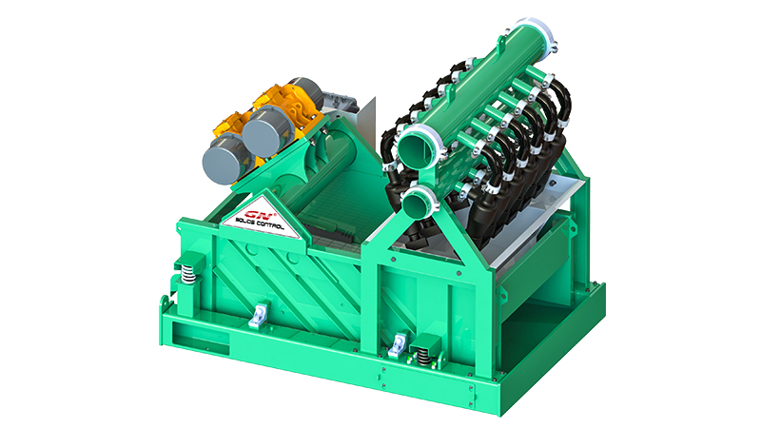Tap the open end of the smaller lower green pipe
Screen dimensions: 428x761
pos(415,203)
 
